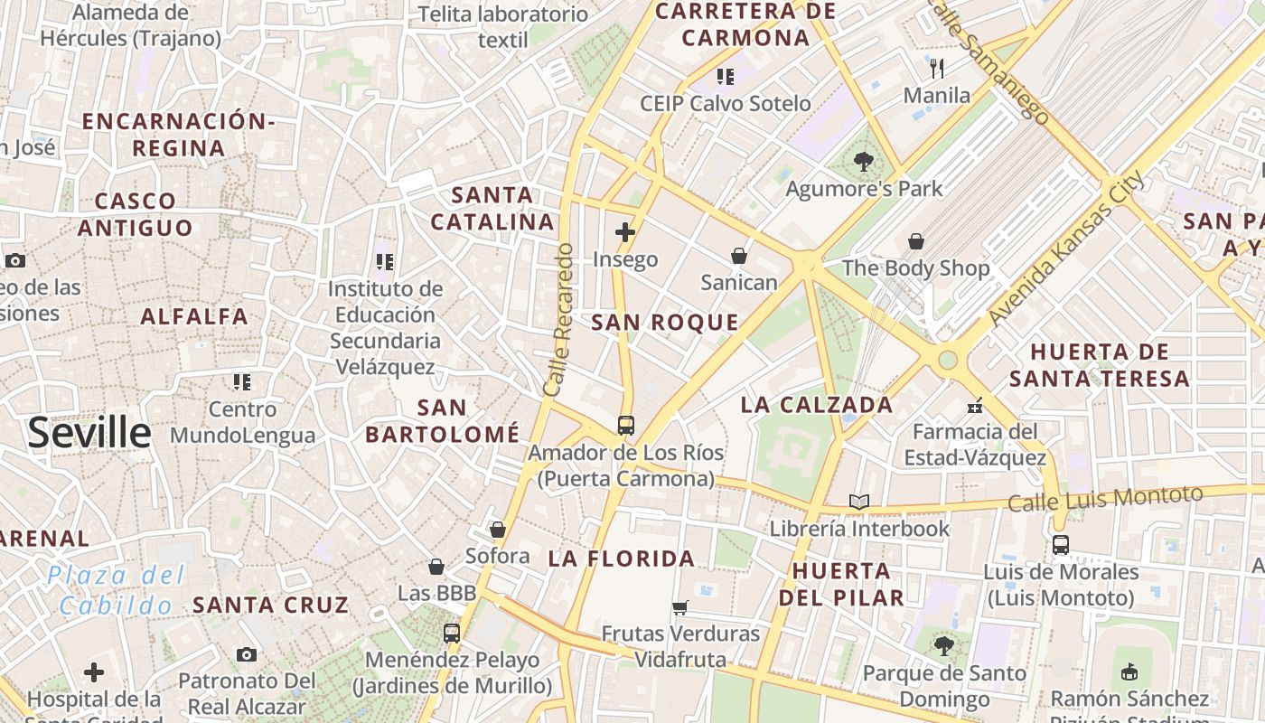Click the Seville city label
click(89, 434)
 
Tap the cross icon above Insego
click(625, 232)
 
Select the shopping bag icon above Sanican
click(739, 256)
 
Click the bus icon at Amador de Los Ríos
click(625, 425)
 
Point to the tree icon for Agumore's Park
click(864, 162)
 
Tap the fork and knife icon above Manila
click(937, 68)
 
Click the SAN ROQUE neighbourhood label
click(665, 323)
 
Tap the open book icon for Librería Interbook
click(858, 502)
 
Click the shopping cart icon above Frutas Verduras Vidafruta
click(680, 607)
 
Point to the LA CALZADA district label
click(817, 405)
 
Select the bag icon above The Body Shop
click(916, 241)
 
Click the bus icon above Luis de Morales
click(1061, 545)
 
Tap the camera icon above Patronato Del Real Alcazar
click(247, 654)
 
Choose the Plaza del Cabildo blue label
click(116, 590)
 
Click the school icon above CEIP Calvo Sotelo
click(725, 77)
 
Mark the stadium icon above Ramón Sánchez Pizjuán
click(1129, 671)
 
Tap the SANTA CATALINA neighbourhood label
click(492, 208)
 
